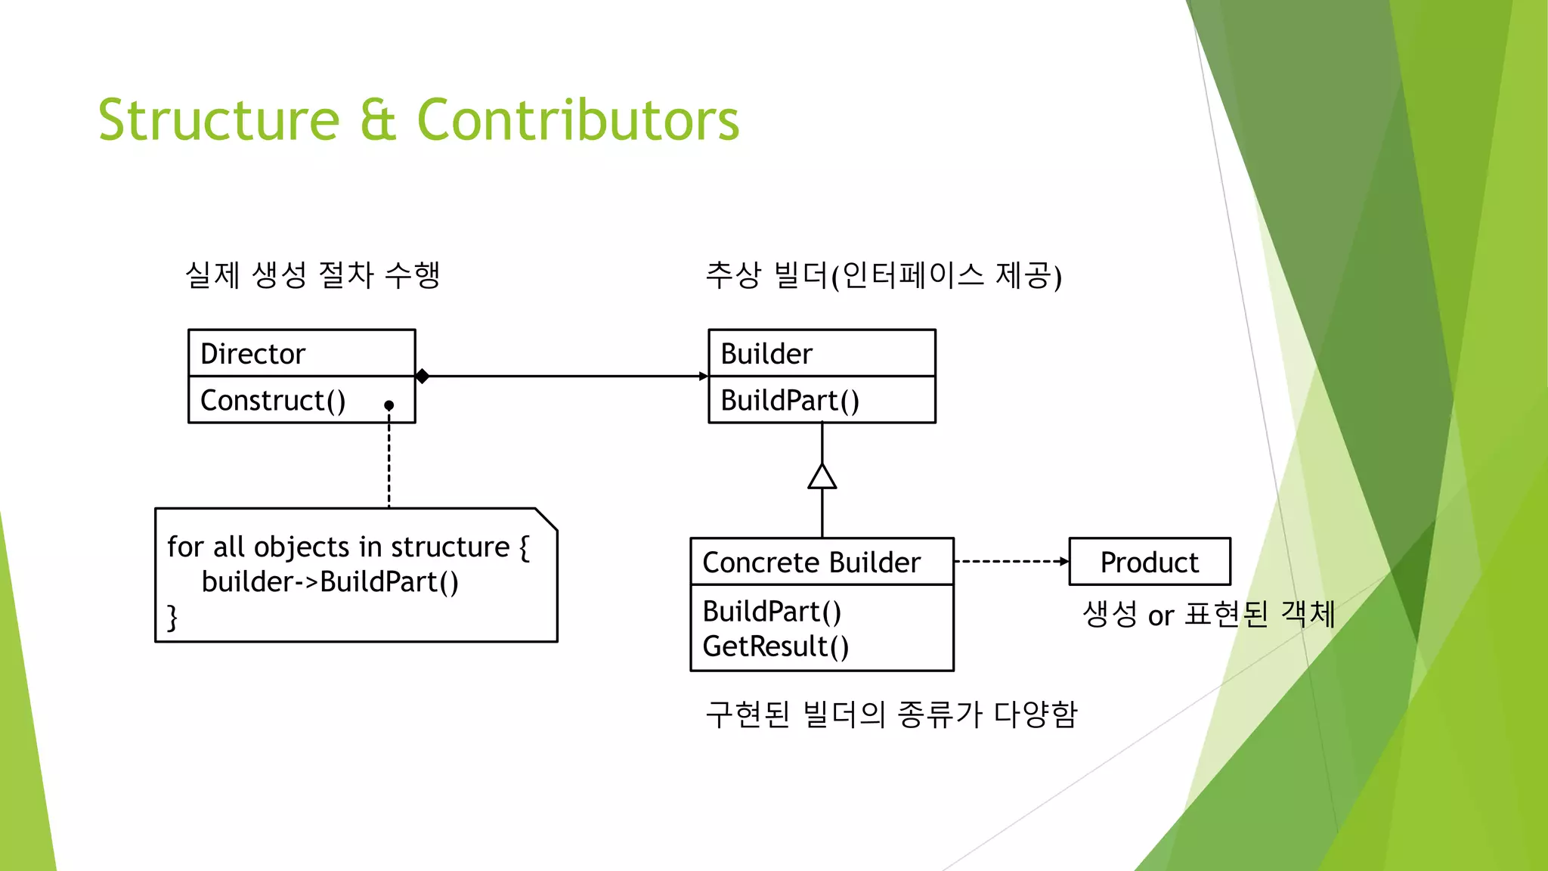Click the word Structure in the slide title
point(219,120)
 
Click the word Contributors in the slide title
point(577,120)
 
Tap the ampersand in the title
point(378,121)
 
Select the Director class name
point(252,354)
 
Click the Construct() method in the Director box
point(273,401)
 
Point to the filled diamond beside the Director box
point(423,376)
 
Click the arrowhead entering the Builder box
point(704,376)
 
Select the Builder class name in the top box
point(766,354)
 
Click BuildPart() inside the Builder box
point(790,401)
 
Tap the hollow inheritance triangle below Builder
point(822,477)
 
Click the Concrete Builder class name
point(811,563)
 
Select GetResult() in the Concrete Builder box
point(776,646)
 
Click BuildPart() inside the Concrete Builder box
point(772,611)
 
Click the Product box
point(1149,562)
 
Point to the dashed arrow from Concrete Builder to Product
point(1011,561)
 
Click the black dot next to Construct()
point(389,406)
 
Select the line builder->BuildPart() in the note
point(330,581)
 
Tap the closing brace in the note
point(172,617)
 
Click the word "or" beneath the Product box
point(1160,616)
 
